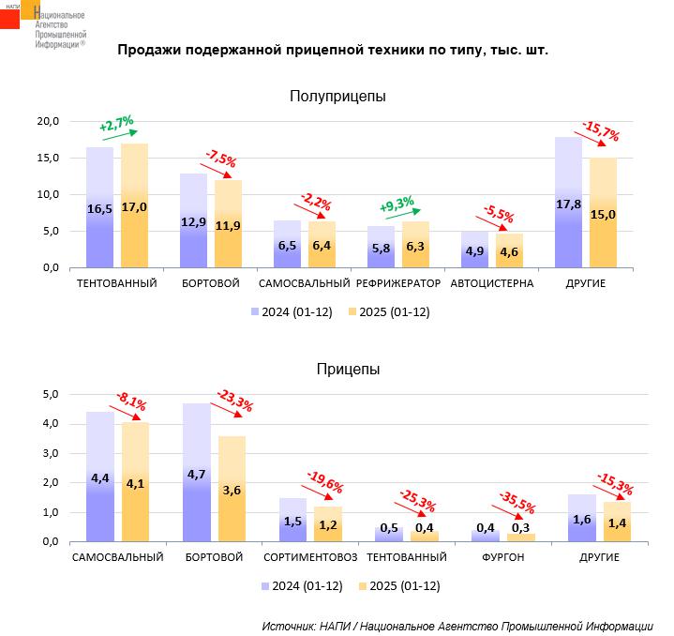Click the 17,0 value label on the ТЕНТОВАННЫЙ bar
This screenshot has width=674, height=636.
click(x=134, y=207)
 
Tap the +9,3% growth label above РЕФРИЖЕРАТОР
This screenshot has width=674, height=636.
click(x=397, y=204)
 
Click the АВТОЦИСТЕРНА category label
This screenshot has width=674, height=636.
click(x=492, y=283)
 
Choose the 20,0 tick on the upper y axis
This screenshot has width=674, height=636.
click(x=48, y=121)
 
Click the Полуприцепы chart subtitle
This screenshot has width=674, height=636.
click(x=337, y=96)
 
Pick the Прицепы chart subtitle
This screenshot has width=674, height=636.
click(x=348, y=370)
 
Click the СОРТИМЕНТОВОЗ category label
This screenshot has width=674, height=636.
click(x=310, y=557)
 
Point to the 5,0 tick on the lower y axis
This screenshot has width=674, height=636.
click(x=52, y=394)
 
